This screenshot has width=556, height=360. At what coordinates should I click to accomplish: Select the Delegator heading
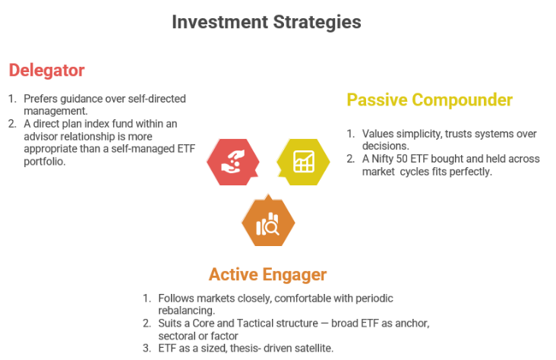coord(46,71)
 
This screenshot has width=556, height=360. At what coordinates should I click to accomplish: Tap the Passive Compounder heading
coord(429,100)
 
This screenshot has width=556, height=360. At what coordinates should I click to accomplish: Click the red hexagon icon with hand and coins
coord(232,160)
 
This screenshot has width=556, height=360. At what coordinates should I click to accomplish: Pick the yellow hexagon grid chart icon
coord(303,161)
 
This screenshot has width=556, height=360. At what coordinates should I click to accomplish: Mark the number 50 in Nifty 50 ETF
coord(409,159)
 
